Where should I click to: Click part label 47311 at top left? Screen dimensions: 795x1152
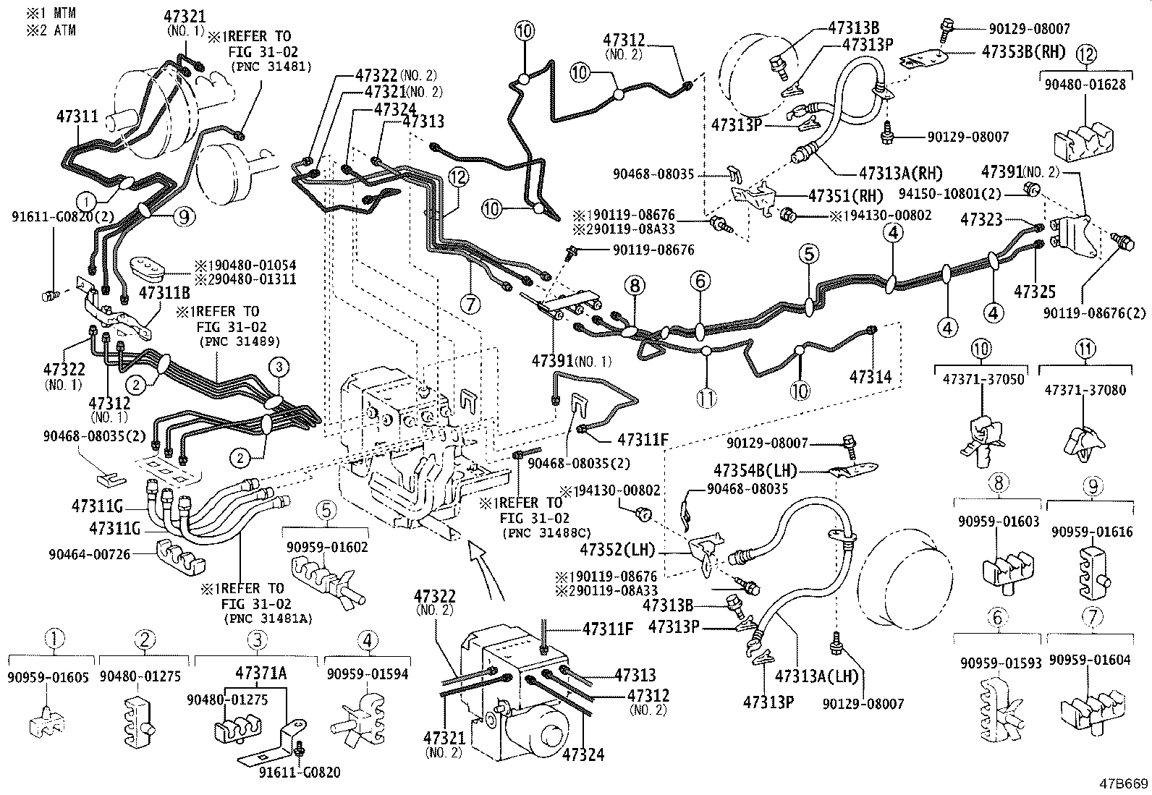coord(77,116)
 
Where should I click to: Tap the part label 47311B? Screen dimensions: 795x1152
coord(164,292)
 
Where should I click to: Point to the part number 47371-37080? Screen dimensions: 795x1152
coord(1085,390)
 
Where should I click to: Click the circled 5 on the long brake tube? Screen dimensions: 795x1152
coord(809,254)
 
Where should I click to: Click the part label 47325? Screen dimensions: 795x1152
coord(1035,292)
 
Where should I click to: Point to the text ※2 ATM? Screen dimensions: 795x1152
coord(52,30)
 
